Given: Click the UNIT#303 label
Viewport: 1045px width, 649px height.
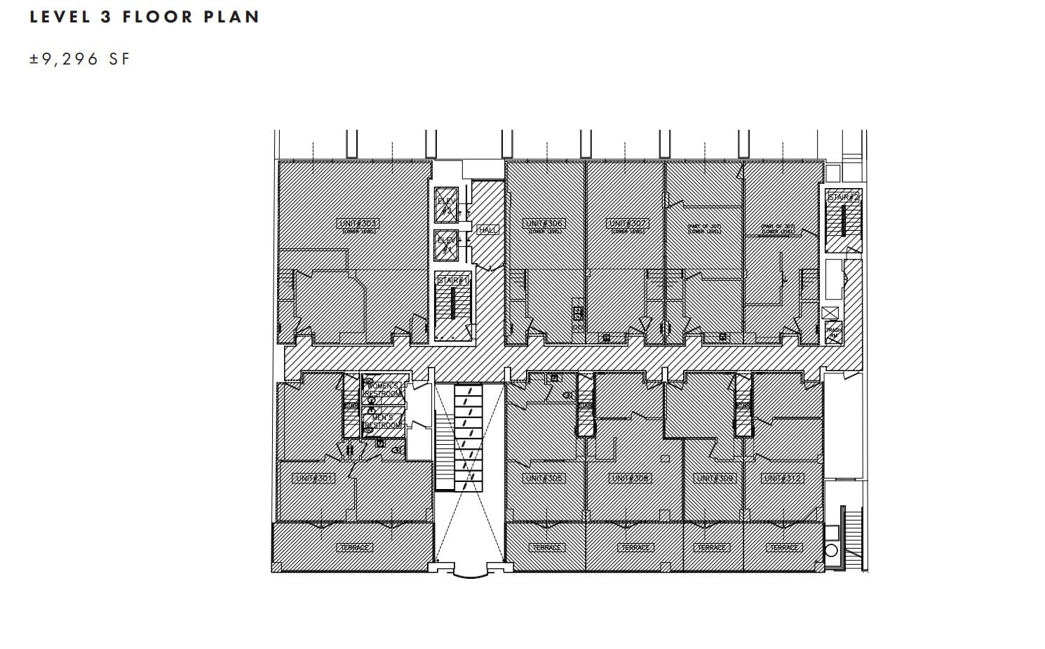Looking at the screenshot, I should [x=357, y=223].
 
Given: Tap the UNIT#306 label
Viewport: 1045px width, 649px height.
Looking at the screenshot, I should [x=544, y=223].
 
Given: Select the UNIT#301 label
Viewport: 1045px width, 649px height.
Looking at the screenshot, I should [x=314, y=478].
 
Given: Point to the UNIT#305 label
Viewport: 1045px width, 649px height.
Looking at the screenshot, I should [x=544, y=478].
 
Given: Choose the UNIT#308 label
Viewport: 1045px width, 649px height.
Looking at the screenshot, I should [x=631, y=478].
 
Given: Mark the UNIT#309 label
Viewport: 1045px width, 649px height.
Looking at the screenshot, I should [x=715, y=478].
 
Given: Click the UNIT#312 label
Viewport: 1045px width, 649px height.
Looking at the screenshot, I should [x=782, y=478].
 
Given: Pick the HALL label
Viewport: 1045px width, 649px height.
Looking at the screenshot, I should [x=487, y=229].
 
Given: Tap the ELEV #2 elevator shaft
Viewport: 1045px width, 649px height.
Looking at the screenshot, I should [x=446, y=204].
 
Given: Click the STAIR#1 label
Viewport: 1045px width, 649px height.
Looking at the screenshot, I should [x=453, y=281].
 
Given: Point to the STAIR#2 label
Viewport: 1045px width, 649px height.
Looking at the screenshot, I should [x=843, y=198].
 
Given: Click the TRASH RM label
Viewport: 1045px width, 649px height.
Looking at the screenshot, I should [x=833, y=333].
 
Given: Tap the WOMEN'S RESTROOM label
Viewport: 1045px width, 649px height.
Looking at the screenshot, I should [x=384, y=390].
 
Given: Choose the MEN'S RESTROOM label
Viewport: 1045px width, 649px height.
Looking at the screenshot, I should [x=382, y=421].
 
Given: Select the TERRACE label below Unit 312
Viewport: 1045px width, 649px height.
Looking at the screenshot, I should [x=783, y=547].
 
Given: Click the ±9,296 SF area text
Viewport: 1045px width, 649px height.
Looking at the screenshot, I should [x=80, y=59].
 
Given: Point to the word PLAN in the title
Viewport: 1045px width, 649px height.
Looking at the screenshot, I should [x=232, y=17].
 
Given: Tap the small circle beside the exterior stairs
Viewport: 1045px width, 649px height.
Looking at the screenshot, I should [x=831, y=549].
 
